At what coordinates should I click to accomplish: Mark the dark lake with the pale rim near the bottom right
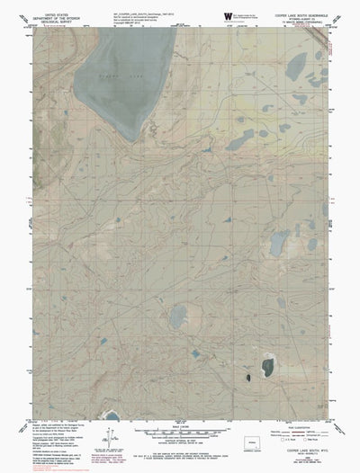click(267, 367)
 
